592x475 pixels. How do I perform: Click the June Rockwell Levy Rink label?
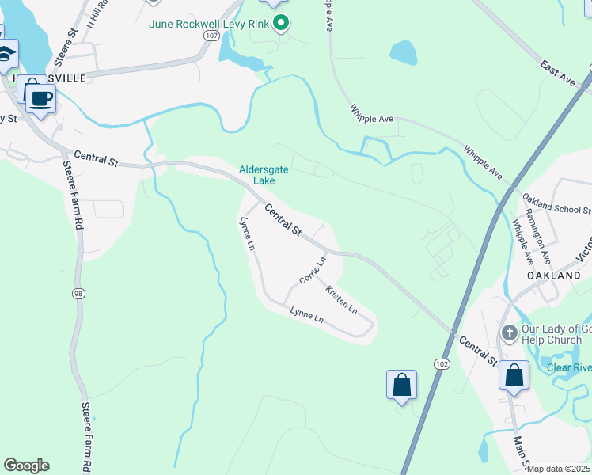tap(209, 23)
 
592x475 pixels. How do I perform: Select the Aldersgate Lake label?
tap(264, 174)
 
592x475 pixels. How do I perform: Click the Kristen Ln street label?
tap(341, 300)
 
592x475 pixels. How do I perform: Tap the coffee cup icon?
tap(40, 99)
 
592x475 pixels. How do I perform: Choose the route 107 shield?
tap(210, 36)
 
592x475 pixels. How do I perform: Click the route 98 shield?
tap(78, 294)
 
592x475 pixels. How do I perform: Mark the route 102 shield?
tap(442, 363)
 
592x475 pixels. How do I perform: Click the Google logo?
tap(26, 465)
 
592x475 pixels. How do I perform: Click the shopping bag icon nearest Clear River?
tap(514, 375)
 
